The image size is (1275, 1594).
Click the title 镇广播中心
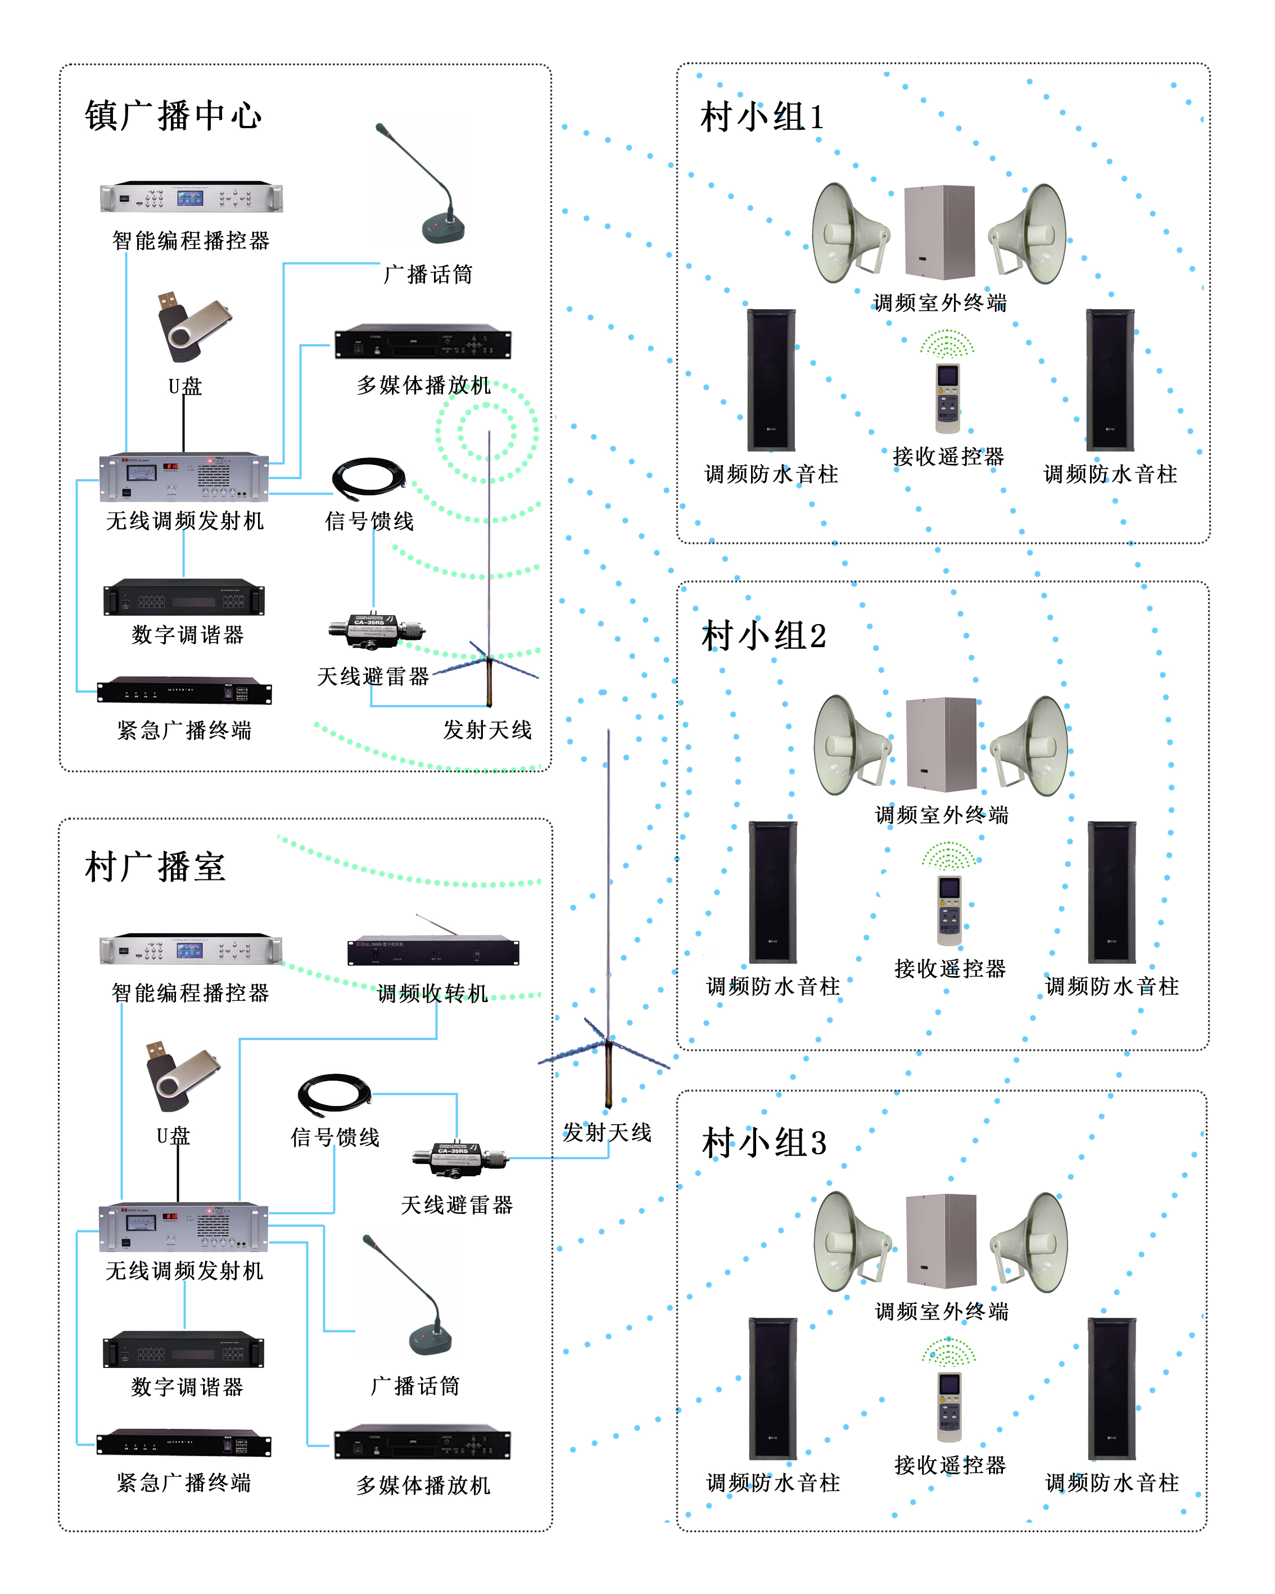tap(173, 116)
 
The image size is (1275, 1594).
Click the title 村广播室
tap(155, 866)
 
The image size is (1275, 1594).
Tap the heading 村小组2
tap(763, 636)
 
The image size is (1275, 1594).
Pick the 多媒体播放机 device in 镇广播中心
tap(423, 342)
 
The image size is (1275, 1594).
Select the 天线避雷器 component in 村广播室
tap(460, 1159)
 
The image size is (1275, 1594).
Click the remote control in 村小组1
tap(948, 397)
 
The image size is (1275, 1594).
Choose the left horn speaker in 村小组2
tap(850, 744)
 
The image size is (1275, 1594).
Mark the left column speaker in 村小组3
tap(772, 1388)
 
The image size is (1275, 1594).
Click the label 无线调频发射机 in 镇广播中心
tap(185, 521)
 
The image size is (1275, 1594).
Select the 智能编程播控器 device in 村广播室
tap(191, 949)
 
